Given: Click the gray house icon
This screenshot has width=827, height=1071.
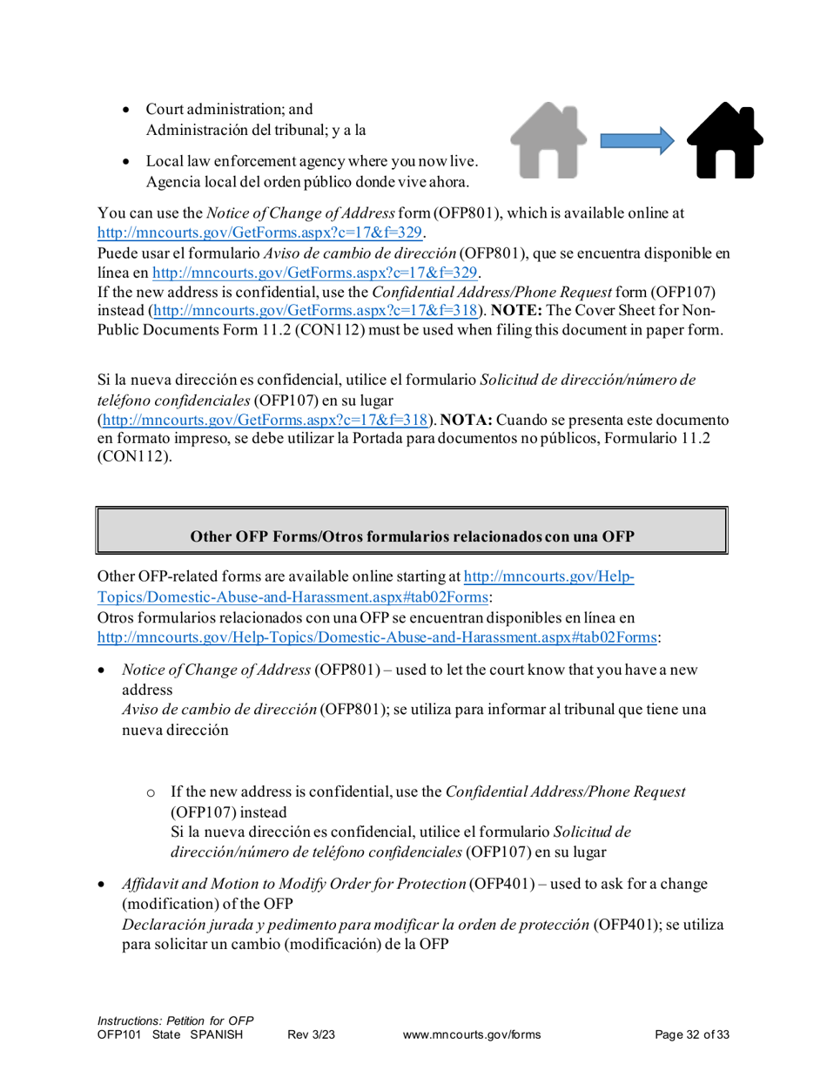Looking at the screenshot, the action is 548,139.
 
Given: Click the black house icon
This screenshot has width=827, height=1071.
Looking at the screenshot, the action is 725,139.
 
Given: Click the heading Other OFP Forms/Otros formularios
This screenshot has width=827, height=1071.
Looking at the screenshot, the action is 412,536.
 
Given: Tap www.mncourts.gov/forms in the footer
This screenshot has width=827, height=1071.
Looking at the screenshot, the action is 473,1034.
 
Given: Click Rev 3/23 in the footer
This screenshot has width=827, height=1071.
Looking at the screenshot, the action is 312,1034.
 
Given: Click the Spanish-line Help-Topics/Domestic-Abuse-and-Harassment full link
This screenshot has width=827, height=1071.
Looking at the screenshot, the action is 377,637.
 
